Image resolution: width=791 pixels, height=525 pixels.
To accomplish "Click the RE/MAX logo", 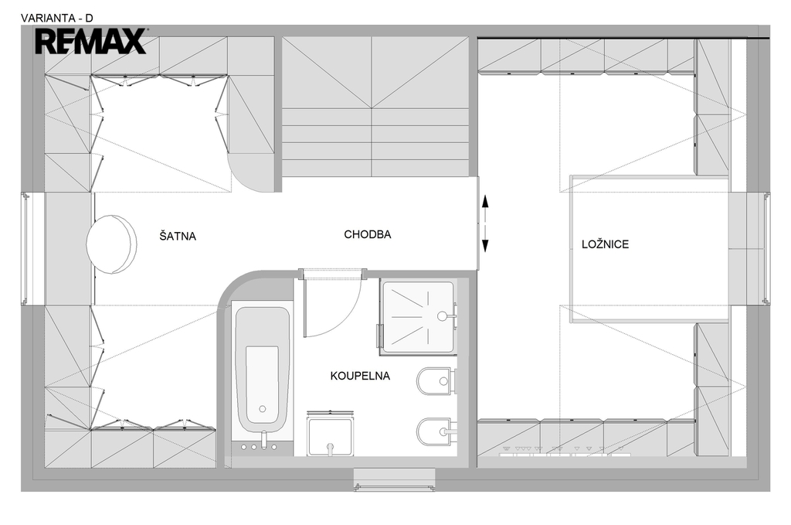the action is (91, 41).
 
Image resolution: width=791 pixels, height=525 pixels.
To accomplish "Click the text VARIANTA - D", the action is (57, 19).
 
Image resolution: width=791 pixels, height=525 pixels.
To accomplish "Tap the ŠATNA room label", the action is (178, 236).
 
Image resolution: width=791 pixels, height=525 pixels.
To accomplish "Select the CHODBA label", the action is (367, 234).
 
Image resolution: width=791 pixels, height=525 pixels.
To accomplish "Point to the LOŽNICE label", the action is (606, 244).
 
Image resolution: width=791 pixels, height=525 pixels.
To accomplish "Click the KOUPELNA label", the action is (360, 376).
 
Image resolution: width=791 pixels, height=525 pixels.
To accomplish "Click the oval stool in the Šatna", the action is (111, 244).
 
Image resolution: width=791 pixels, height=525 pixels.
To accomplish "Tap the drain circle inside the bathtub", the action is (263, 409).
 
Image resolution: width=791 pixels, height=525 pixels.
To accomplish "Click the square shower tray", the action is (418, 316).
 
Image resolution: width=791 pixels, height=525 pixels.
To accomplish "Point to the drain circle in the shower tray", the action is (442, 316).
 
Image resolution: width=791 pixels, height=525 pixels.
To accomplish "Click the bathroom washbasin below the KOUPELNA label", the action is (331, 434).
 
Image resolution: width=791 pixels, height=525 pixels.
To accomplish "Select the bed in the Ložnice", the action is (650, 248).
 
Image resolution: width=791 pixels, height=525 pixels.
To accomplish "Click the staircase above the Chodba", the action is (376, 107).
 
